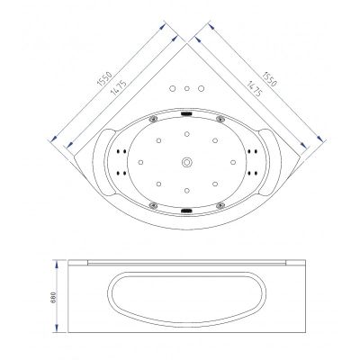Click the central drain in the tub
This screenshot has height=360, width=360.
187,162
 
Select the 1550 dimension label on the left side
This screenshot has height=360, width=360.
104,78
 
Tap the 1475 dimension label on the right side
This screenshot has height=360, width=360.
254,88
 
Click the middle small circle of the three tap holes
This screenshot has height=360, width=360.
187,88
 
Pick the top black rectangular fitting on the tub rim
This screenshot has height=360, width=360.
186,113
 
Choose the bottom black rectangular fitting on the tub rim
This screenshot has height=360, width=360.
186,211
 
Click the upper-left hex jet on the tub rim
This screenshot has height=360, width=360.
154,119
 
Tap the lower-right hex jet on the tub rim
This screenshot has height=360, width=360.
220,205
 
